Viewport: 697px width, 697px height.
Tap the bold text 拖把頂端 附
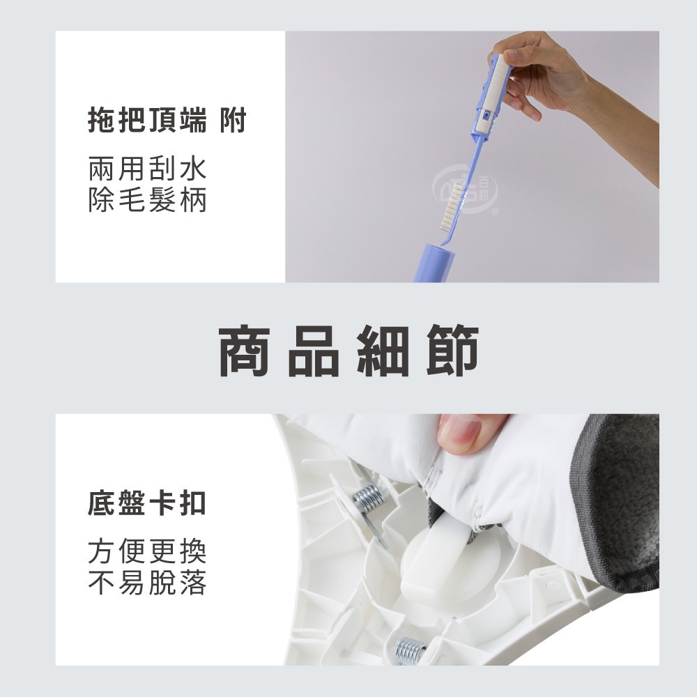[167, 121]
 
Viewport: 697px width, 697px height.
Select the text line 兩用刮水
[147, 169]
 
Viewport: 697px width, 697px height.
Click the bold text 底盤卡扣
[147, 503]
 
